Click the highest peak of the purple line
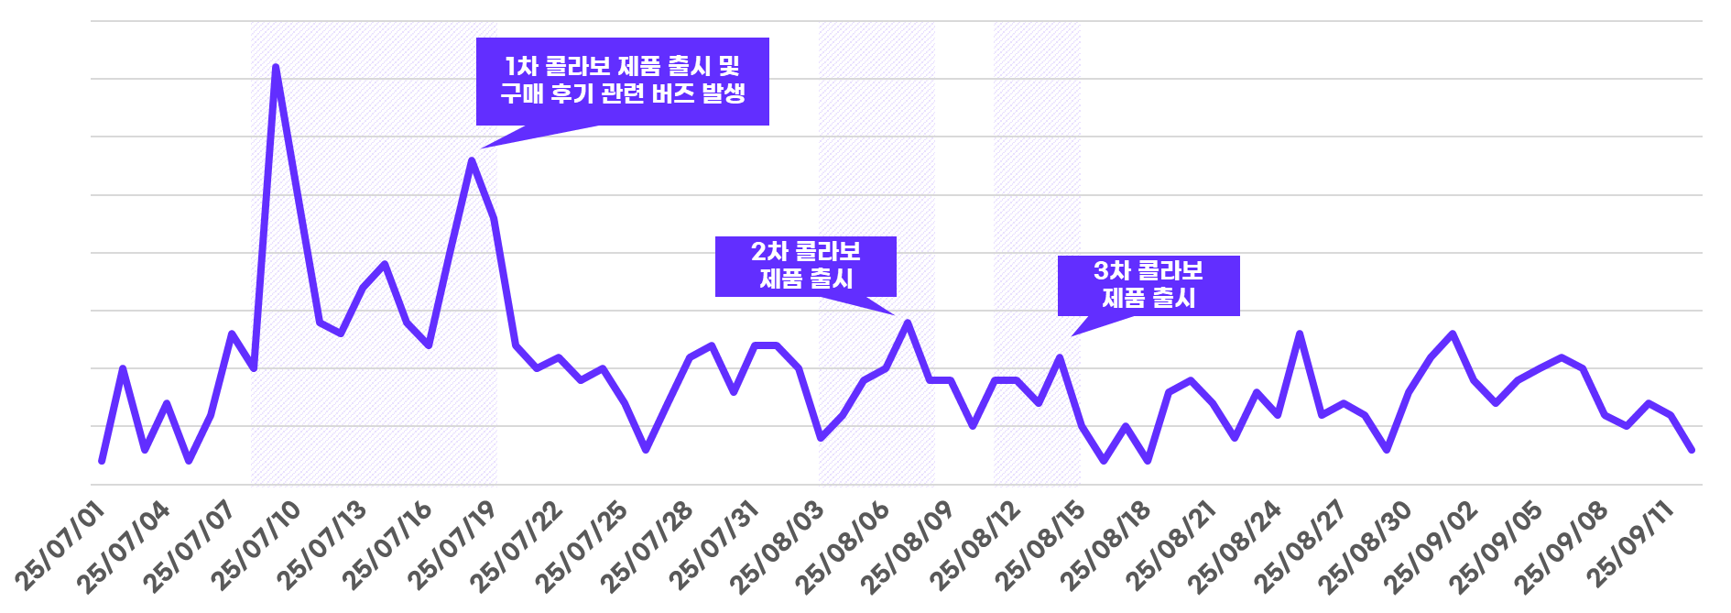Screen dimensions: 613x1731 (x=276, y=67)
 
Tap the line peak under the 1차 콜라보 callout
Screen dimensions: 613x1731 (x=472, y=161)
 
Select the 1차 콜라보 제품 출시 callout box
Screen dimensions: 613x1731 (x=622, y=81)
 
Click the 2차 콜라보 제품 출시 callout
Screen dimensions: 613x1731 (x=805, y=266)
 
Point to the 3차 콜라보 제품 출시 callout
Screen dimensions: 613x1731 (x=1148, y=285)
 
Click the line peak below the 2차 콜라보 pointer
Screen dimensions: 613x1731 (x=908, y=323)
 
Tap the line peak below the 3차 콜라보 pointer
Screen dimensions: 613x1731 (x=1060, y=357)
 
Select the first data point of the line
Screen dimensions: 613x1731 (x=102, y=461)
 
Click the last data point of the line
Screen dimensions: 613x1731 (x=1692, y=450)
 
